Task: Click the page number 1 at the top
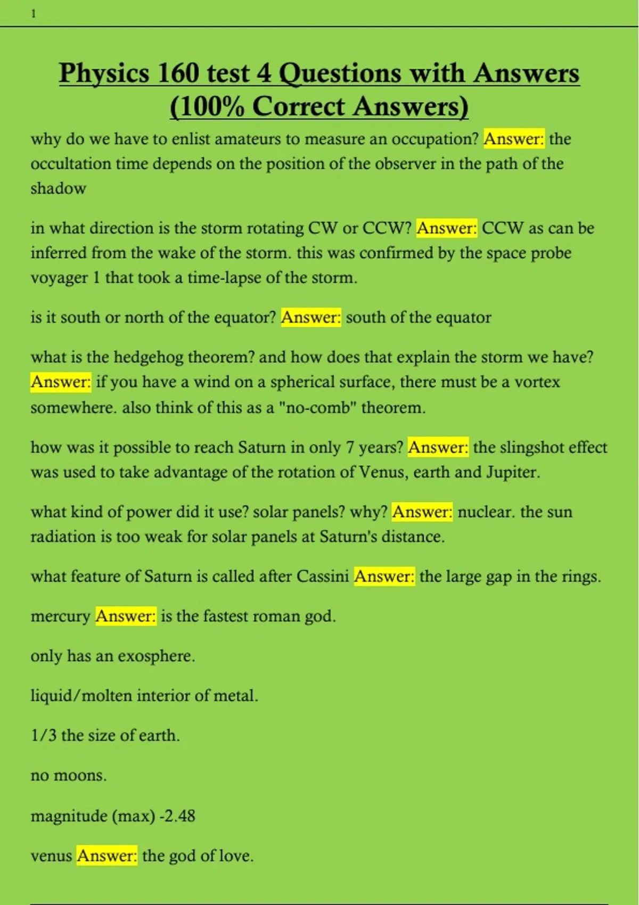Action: coord(34,14)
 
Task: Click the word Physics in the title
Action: coord(104,73)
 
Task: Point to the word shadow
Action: coord(58,188)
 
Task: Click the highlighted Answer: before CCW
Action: coord(447,228)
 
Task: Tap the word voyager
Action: coord(59,278)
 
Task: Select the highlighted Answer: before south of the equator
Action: coord(311,318)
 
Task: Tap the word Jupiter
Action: coord(513,472)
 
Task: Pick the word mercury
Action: coord(60,616)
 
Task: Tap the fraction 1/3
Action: coord(43,736)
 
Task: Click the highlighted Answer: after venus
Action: coord(107,856)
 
